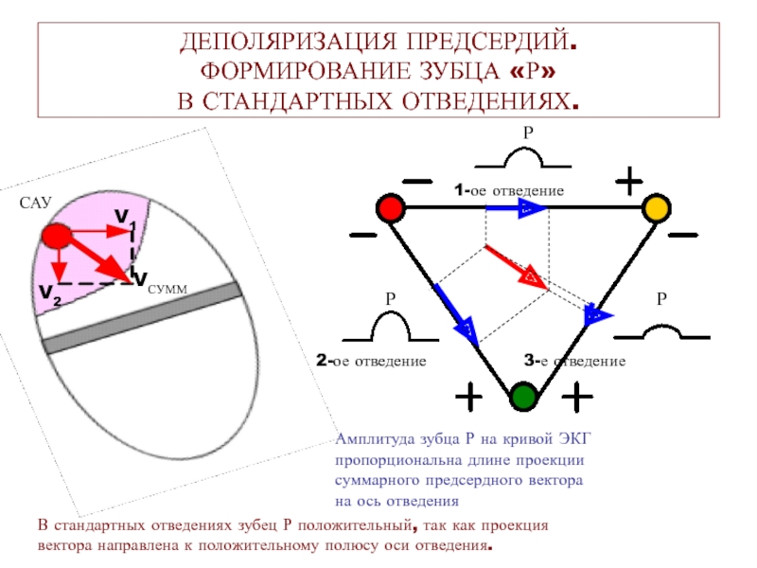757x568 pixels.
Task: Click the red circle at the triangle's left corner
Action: pyautogui.click(x=389, y=207)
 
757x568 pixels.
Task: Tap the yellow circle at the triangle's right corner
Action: pyautogui.click(x=655, y=208)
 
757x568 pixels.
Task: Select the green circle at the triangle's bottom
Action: pyautogui.click(x=522, y=396)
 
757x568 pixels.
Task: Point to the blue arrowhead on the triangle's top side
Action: pyautogui.click(x=533, y=208)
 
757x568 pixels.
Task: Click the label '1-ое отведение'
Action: pyautogui.click(x=508, y=191)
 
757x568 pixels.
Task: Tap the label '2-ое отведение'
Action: pyautogui.click(x=371, y=361)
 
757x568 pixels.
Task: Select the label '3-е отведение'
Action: pyautogui.click(x=574, y=361)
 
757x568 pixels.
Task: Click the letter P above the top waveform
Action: pyautogui.click(x=529, y=135)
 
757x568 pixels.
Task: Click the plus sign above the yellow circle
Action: pyautogui.click(x=629, y=179)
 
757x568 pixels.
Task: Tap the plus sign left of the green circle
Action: pyautogui.click(x=467, y=398)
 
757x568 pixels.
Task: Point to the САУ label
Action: pyautogui.click(x=35, y=203)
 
